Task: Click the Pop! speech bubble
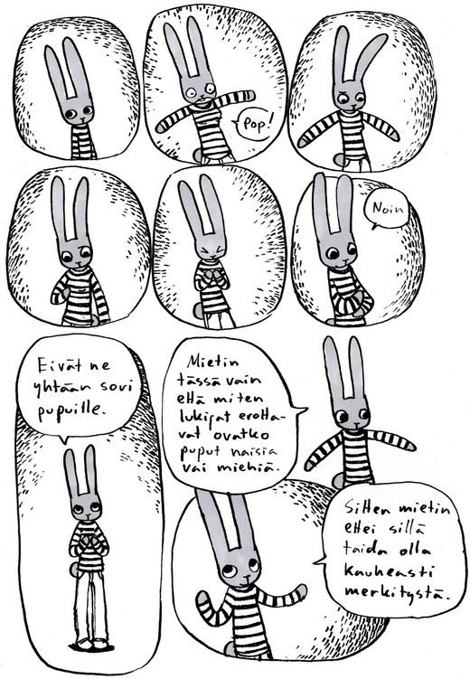[256, 125]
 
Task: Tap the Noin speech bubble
[387, 210]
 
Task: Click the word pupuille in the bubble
[71, 410]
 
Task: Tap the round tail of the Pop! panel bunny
[198, 155]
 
